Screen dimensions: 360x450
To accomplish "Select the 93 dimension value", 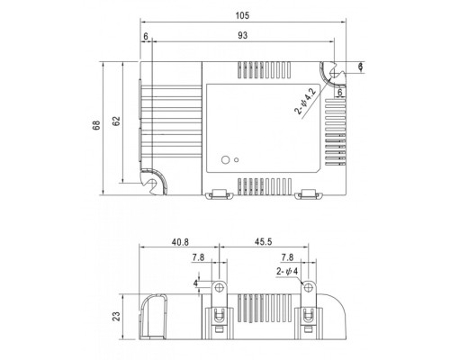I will click(x=243, y=35).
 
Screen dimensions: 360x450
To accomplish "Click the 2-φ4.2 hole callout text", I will click(x=305, y=101).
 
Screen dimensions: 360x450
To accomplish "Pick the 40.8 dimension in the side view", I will click(x=180, y=241).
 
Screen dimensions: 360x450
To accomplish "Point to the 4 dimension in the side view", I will click(x=195, y=282).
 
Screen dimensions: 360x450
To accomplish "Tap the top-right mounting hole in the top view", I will click(x=332, y=69).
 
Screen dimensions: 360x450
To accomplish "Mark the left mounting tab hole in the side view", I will click(x=218, y=286).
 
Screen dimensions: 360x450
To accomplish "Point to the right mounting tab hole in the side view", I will click(x=309, y=286).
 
